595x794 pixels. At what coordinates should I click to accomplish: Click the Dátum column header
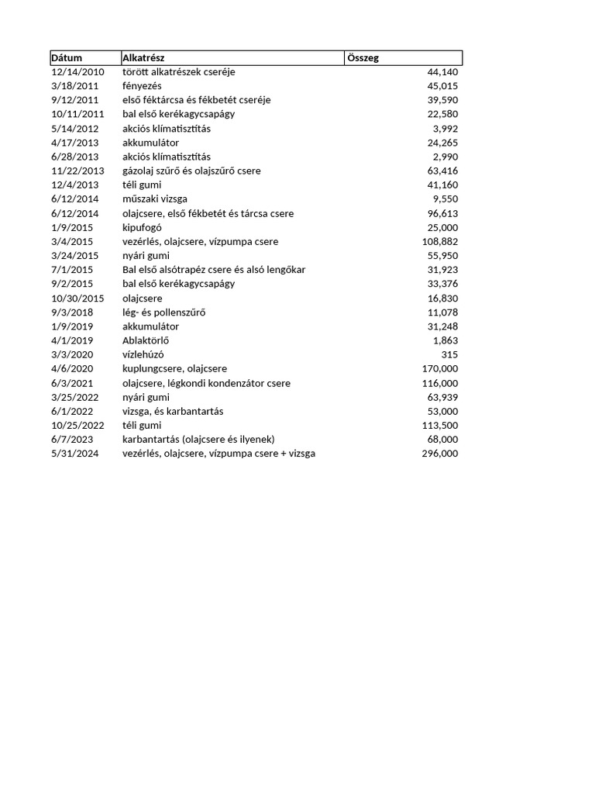tap(67, 58)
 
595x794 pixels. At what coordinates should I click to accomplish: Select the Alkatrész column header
tap(143, 58)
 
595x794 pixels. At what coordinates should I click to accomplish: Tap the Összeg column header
tap(363, 58)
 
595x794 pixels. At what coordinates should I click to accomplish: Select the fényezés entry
tap(142, 86)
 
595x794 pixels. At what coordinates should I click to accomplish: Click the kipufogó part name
tap(142, 227)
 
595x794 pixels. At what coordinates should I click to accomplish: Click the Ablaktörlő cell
tap(146, 340)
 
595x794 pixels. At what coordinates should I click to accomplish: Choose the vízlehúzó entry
tap(143, 354)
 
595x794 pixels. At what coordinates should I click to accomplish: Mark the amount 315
tap(449, 354)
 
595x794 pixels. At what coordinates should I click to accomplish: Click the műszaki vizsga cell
tap(155, 199)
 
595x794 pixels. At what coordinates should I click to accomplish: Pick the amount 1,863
tap(445, 340)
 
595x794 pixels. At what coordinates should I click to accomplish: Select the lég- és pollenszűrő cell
tap(164, 312)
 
